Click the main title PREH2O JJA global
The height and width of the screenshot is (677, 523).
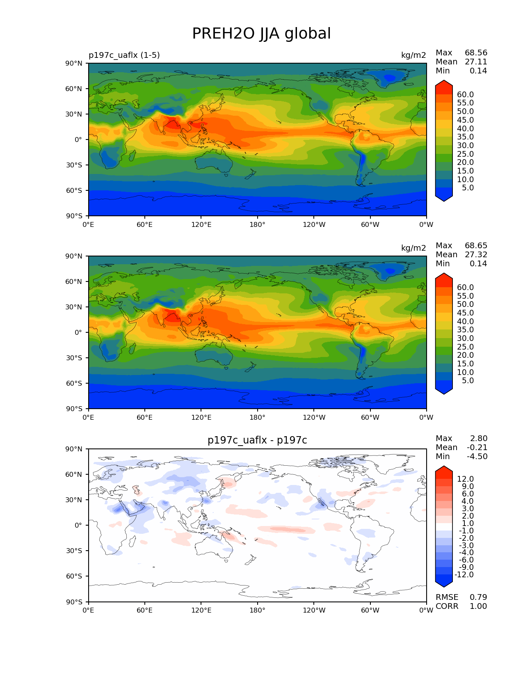pos(261,34)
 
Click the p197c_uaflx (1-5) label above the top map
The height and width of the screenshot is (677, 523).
pos(124,55)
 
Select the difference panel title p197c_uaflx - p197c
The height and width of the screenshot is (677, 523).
pos(257,440)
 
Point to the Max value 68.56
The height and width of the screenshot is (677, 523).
pos(476,53)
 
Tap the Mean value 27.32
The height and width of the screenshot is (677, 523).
pos(476,255)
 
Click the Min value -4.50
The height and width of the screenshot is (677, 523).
pos(477,457)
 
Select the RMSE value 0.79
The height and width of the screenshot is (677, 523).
pos(478,597)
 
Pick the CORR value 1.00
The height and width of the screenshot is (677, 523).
pos(478,606)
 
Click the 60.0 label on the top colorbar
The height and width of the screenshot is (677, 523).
pos(465,95)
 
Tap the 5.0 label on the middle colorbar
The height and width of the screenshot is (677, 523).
pos(468,381)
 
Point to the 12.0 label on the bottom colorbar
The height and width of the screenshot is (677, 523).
pos(465,479)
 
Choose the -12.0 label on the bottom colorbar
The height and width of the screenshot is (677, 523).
pos(464,575)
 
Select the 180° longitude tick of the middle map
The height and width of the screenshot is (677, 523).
pos(257,418)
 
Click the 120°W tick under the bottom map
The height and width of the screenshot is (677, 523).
pos(314,611)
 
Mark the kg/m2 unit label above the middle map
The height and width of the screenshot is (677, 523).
pos(413,248)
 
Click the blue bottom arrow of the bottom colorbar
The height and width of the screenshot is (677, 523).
pos(444,581)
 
